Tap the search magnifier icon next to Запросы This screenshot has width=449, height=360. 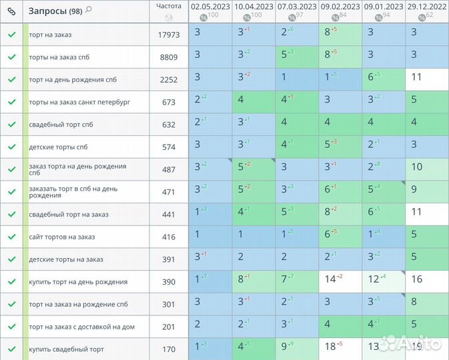pyautogui.click(x=89, y=9)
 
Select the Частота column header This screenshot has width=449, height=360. pyautogui.click(x=168, y=6)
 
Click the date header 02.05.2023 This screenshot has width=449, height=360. pyautogui.click(x=210, y=7)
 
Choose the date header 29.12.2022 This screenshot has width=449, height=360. pyautogui.click(x=427, y=7)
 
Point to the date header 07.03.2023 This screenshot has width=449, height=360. pyautogui.click(x=297, y=7)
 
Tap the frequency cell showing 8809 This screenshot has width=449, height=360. pyautogui.click(x=168, y=57)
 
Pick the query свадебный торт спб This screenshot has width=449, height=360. pyautogui.click(x=60, y=125)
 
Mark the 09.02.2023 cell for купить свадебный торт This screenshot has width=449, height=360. pyautogui.click(x=340, y=347)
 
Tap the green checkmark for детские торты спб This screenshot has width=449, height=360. pyautogui.click(x=11, y=147)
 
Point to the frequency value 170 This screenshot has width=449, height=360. pyautogui.click(x=168, y=349)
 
